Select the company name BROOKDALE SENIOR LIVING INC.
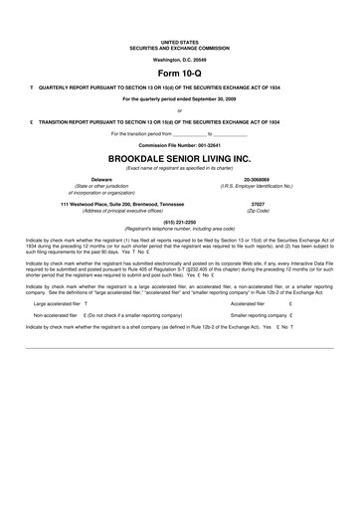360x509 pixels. tap(180, 158)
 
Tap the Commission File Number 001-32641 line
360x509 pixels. tap(180, 145)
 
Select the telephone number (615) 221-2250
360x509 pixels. tap(180, 223)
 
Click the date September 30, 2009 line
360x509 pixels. tap(180, 99)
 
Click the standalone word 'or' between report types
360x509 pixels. tap(180, 110)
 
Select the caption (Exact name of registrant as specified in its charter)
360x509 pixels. tap(180, 168)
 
